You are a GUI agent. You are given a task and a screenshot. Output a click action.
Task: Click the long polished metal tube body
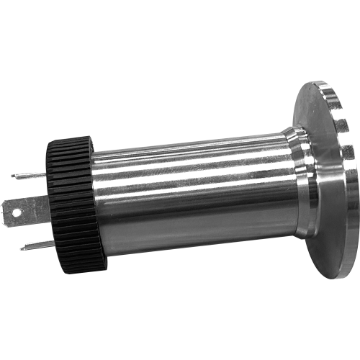pos(187,194)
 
